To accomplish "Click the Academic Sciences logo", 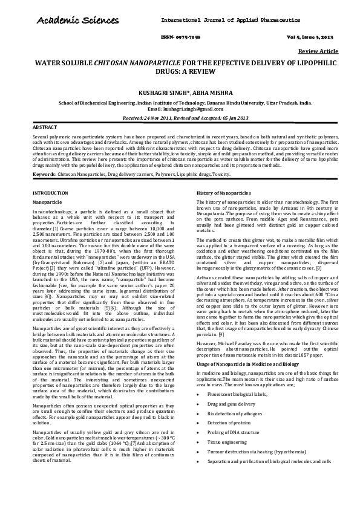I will coord(71,22).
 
